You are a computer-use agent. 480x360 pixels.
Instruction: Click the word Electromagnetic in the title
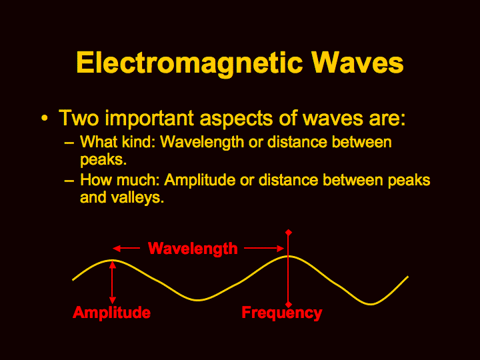189,63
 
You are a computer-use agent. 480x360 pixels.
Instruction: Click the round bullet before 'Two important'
45,118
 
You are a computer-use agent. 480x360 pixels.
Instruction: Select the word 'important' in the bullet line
149,118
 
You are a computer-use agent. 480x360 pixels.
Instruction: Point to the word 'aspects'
236,119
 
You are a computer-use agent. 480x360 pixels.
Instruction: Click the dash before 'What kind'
69,143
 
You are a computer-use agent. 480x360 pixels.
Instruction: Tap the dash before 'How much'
69,181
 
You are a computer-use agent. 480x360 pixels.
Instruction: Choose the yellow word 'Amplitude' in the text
199,180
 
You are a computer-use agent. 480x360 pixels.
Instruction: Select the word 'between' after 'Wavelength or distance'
362,143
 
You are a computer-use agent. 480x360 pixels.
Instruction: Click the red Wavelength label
193,248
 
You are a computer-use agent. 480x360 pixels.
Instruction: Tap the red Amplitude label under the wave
112,313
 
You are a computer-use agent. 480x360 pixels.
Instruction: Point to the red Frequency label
282,313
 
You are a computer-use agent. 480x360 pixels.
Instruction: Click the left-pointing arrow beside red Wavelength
126,248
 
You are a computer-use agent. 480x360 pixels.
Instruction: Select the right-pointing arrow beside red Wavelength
265,248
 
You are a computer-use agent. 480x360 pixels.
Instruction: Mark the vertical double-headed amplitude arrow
113,282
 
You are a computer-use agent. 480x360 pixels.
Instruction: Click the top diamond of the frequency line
289,233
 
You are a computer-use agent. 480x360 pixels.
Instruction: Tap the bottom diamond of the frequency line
289,305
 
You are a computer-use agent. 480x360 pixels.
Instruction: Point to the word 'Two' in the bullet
79,118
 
